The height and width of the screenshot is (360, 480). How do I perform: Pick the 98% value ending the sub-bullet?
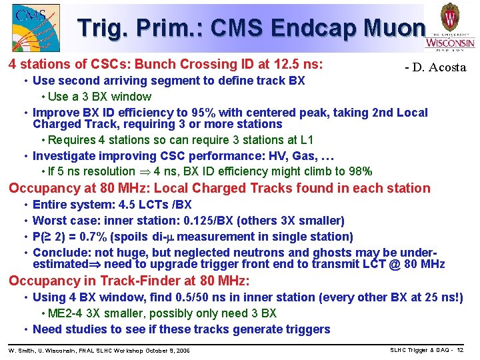359,171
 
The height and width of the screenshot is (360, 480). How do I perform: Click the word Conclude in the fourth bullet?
60,253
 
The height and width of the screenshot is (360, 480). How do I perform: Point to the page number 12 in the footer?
460,350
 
